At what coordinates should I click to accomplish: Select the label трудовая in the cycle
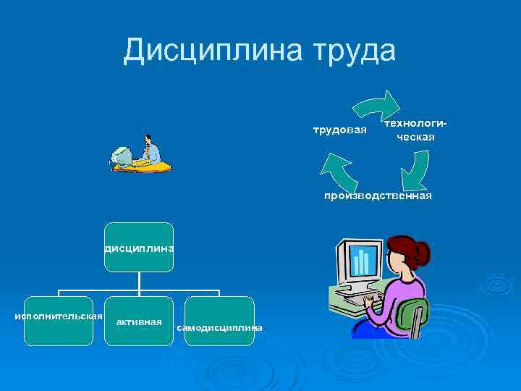click(x=340, y=130)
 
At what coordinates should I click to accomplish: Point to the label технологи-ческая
click(x=415, y=130)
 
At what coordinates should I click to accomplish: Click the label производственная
click(x=378, y=195)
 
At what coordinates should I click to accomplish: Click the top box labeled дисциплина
click(x=139, y=247)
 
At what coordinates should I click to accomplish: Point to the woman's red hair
click(x=406, y=250)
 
